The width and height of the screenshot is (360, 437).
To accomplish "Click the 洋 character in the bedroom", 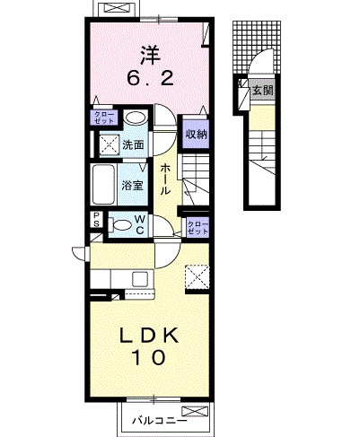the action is point(151,56).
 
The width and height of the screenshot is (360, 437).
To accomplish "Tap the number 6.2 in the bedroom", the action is point(151,79).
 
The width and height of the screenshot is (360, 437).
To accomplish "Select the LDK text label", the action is point(149,336).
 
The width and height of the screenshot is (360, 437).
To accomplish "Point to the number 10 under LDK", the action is point(149,357).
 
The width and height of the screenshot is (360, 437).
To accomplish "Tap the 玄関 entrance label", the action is point(263,90).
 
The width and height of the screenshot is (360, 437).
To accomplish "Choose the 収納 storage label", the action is point(197,135).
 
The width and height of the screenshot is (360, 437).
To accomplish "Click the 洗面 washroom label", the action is point(133,145).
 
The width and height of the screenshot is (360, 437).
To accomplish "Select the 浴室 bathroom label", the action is point(132,186).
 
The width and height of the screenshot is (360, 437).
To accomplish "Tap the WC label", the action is point(140,224).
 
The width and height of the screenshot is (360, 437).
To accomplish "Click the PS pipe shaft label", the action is point(97,220).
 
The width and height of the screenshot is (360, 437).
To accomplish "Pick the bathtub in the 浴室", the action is point(104,185).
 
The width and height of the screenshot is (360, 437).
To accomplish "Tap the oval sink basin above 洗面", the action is point(136,118).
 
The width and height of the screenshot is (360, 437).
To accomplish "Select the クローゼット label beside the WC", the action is point(198,228).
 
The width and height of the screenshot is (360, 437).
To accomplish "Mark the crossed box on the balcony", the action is point(195,411).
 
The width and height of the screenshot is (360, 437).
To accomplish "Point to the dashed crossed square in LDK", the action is point(198,277).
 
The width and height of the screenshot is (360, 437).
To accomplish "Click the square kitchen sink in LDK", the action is point(140,279).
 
